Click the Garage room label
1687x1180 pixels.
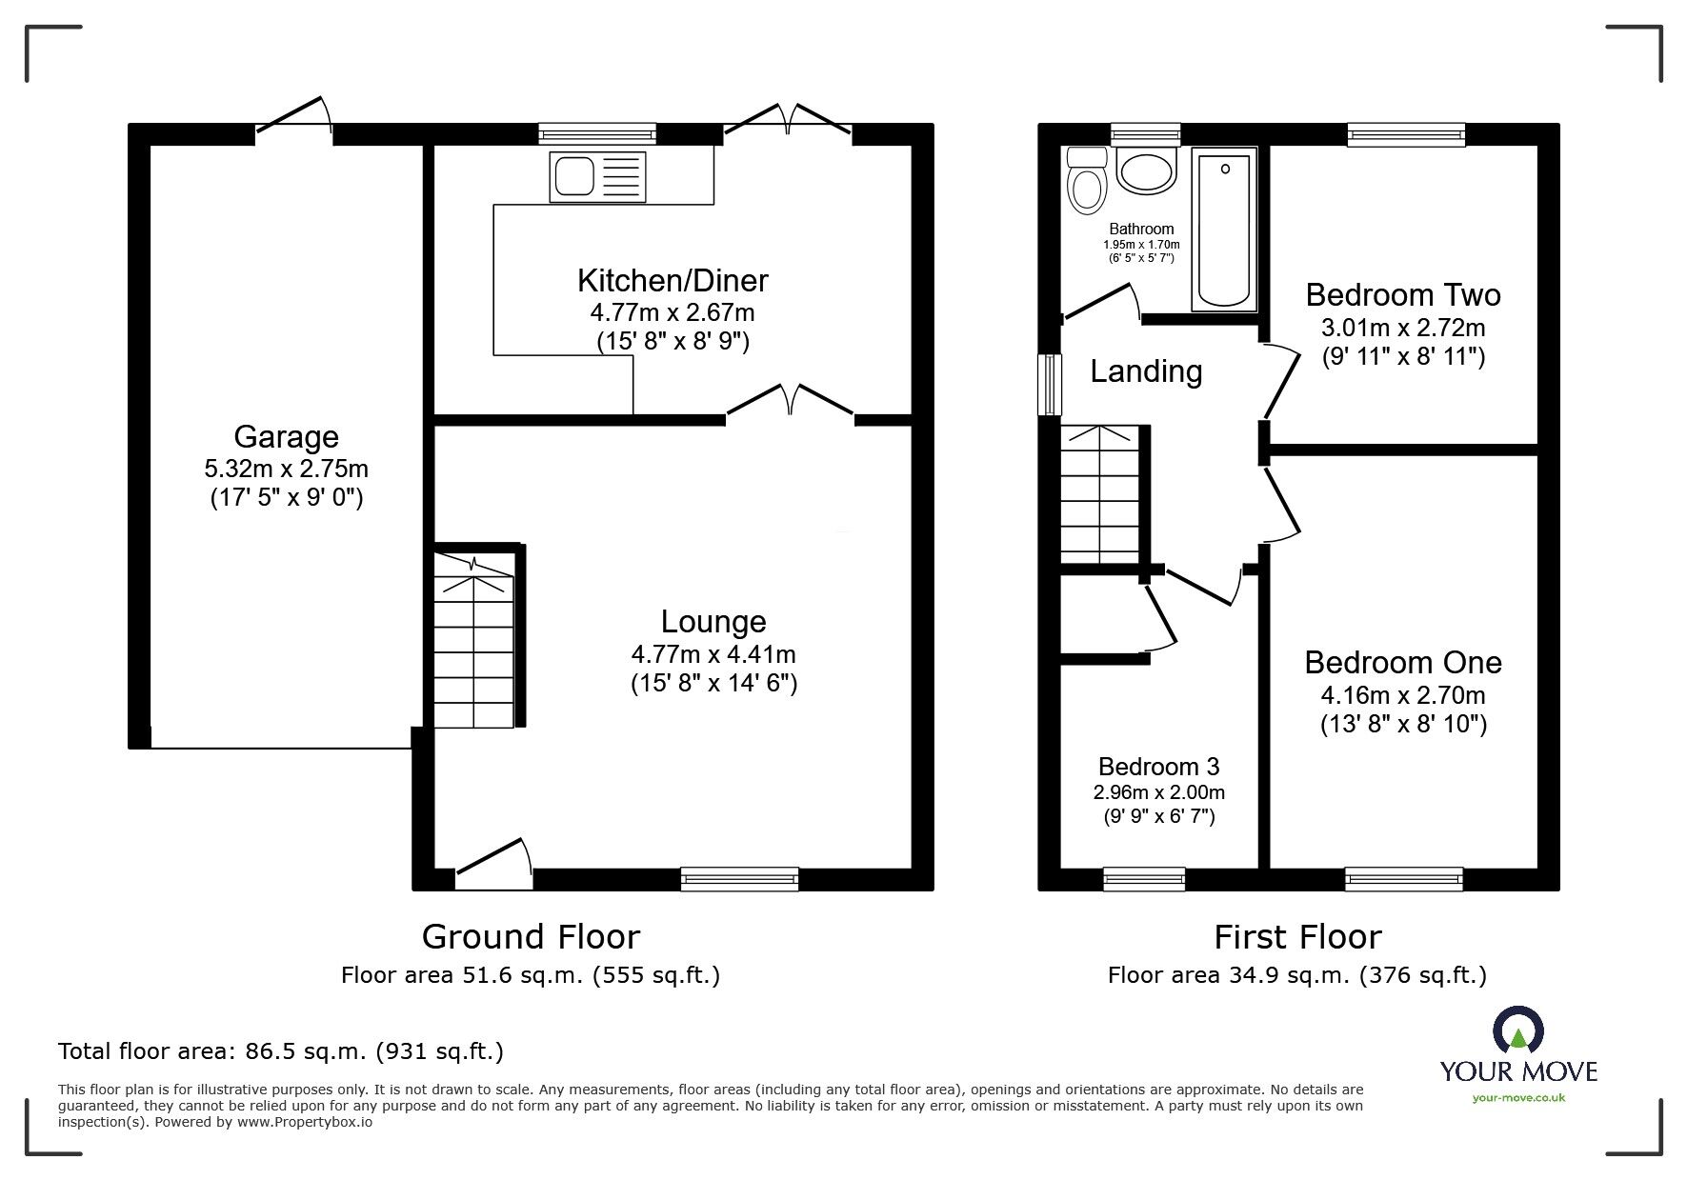(286, 437)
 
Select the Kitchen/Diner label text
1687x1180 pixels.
(673, 281)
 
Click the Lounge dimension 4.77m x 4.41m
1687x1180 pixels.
(713, 654)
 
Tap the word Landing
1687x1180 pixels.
(1146, 371)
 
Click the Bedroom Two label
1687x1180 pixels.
(1403, 295)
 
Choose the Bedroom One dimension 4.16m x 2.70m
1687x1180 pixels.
(1403, 695)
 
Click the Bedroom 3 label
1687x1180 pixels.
(1158, 767)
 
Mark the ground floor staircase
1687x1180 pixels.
(473, 640)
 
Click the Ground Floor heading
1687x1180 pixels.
(531, 937)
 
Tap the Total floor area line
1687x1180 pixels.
(281, 1051)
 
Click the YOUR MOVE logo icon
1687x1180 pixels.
(1517, 1032)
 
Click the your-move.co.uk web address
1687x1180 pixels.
(1518, 1098)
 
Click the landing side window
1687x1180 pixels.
(1050, 385)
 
